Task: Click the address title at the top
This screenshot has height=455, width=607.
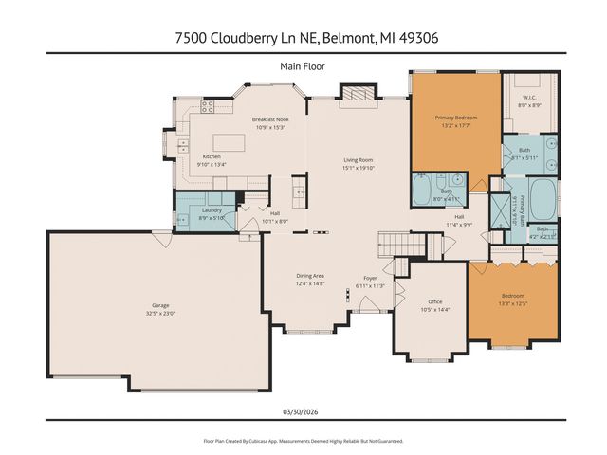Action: point(303,38)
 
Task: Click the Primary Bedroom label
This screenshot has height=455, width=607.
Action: point(455,117)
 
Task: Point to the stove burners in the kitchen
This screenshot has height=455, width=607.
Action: point(182,146)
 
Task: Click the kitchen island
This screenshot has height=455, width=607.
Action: point(228,180)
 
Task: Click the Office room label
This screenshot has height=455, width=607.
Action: point(431,302)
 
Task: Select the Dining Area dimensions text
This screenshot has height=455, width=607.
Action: point(310,283)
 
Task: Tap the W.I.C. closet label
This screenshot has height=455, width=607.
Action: point(529,98)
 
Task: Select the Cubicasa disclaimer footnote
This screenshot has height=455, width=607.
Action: point(303,441)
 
